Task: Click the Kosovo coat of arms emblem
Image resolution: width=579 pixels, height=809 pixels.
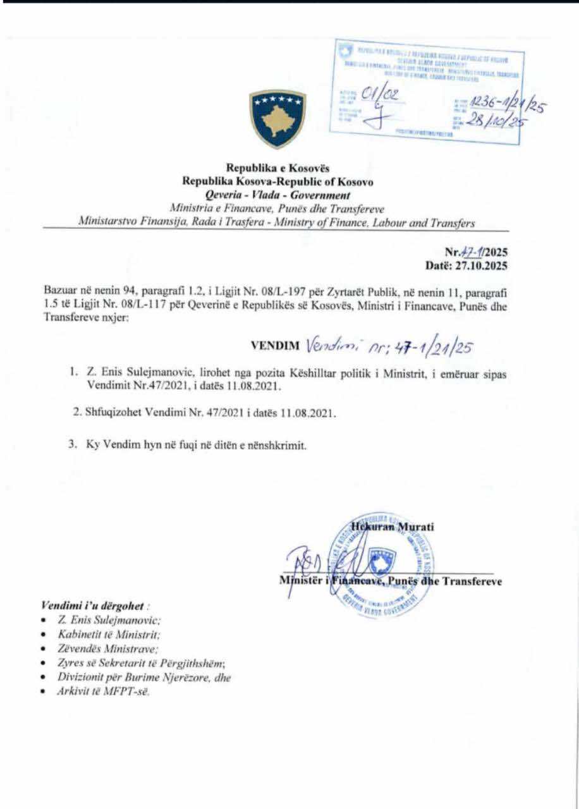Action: [x=277, y=119]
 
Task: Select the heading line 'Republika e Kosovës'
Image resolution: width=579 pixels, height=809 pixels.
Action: [x=277, y=168]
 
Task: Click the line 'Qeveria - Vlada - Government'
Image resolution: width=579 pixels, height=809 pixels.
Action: [x=277, y=195]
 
